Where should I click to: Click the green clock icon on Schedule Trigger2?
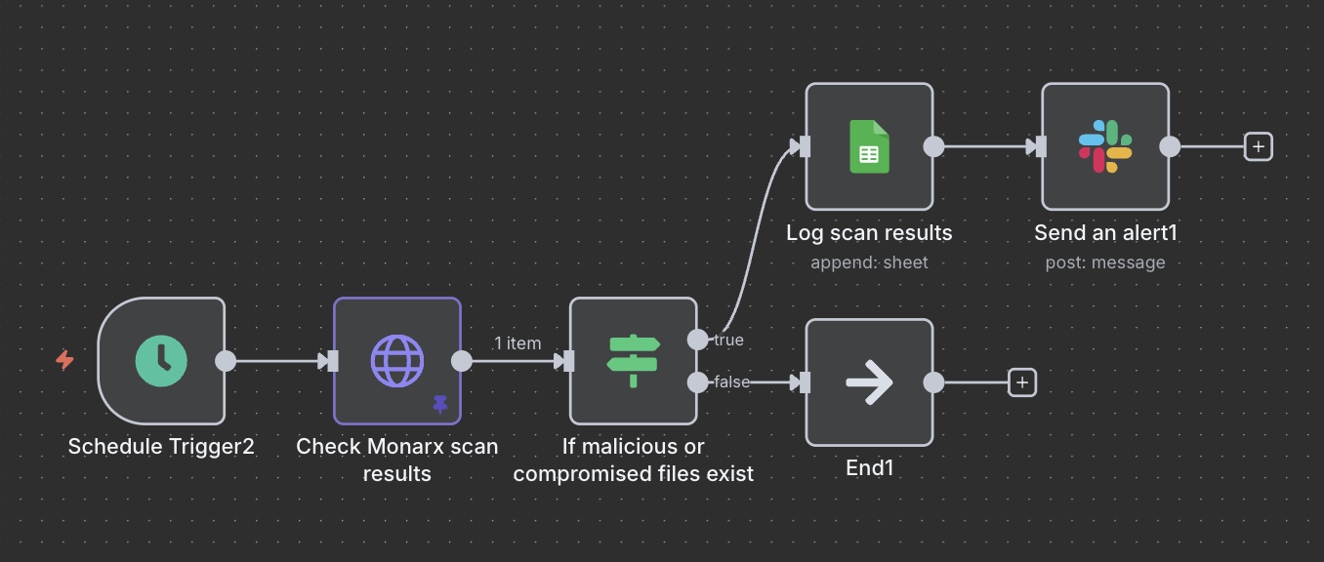pos(161,360)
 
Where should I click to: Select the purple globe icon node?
pos(397,360)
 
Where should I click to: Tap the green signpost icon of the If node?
pos(634,360)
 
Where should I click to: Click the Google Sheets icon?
pos(869,146)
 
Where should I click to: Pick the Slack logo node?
pos(1105,146)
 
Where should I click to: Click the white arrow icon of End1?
pos(869,381)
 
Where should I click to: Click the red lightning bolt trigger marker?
pos(64,360)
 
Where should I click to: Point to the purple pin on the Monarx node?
pos(440,404)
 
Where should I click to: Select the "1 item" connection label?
pos(517,342)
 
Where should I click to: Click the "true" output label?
pos(728,340)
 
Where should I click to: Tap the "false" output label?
pos(731,381)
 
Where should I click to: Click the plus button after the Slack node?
pos(1259,146)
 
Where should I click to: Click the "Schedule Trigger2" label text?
pos(161,447)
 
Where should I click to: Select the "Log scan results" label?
pos(869,233)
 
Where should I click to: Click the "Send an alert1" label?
pos(1105,233)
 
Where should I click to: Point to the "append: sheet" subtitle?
pos(869,262)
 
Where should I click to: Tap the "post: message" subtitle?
pos(1105,262)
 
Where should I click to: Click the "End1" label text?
pos(869,468)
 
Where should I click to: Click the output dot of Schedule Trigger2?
pos(226,360)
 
